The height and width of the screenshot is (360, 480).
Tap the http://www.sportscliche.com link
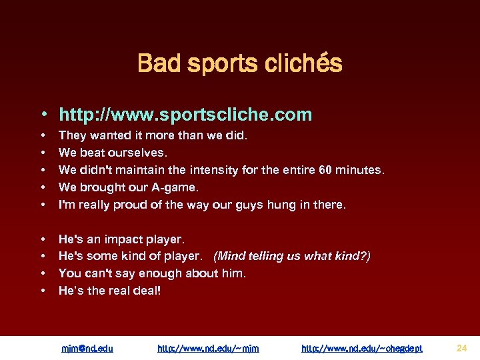tap(185, 115)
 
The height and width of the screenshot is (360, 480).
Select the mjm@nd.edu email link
tap(87, 348)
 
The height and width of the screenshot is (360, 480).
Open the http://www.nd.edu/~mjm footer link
tap(208, 348)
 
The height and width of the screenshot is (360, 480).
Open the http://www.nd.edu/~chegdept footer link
tap(362, 348)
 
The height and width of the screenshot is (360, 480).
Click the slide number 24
tap(462, 347)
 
